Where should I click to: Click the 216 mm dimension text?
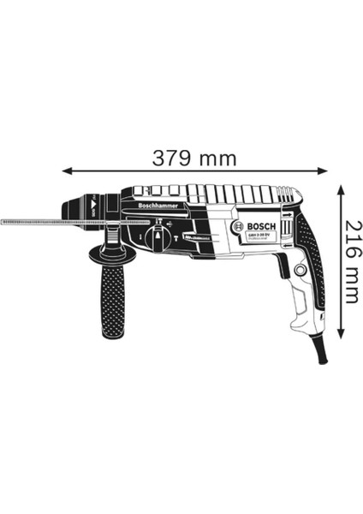point(348,260)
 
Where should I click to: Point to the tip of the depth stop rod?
point(5,222)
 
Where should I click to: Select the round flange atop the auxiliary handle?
point(110,252)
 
